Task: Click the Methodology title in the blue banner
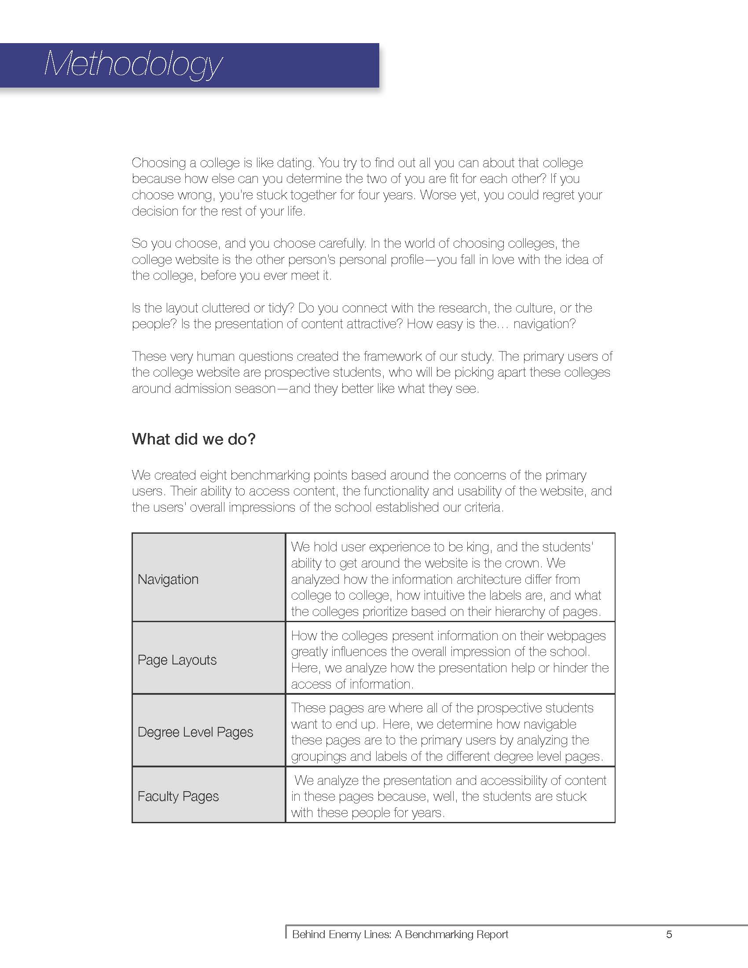(x=132, y=65)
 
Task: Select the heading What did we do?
(x=194, y=439)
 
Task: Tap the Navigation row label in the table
(x=168, y=579)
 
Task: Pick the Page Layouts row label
(x=177, y=660)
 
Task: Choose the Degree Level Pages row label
(x=195, y=732)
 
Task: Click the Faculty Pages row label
(x=178, y=796)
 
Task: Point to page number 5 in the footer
(x=669, y=934)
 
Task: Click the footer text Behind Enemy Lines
(x=341, y=934)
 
